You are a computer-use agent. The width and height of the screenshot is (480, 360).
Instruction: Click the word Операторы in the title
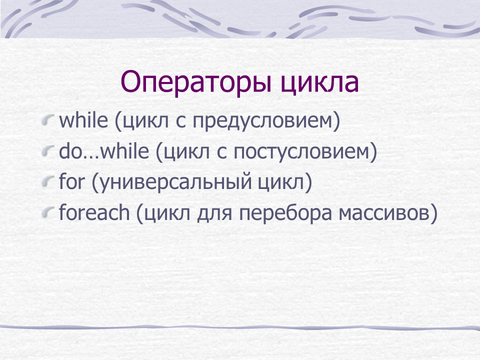pos(196,82)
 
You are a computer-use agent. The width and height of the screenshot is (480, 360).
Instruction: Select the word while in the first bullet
pos(83,120)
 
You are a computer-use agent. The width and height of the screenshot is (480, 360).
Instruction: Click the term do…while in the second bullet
pos(104,151)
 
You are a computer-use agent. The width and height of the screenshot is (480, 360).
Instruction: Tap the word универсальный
pos(176,183)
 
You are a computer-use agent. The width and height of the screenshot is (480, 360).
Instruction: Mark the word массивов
pos(384,213)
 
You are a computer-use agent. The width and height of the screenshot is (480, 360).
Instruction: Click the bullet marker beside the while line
pos(48,120)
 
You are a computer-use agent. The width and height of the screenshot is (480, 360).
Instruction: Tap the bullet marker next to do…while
pos(48,151)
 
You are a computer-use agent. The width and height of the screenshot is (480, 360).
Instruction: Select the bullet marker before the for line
pos(48,181)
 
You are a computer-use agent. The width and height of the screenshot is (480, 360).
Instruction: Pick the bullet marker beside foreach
pos(48,212)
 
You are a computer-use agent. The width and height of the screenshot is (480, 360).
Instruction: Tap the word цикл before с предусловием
pos(145,122)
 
